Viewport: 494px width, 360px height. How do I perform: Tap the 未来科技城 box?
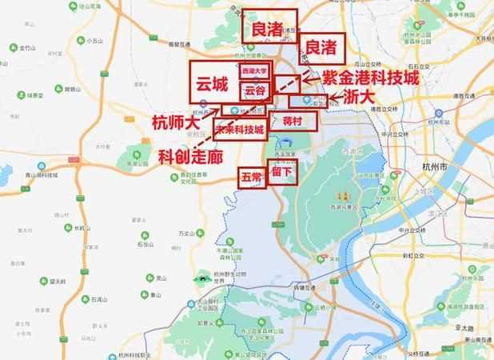(x=241, y=128)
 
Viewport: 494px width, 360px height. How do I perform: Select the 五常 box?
(x=251, y=176)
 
